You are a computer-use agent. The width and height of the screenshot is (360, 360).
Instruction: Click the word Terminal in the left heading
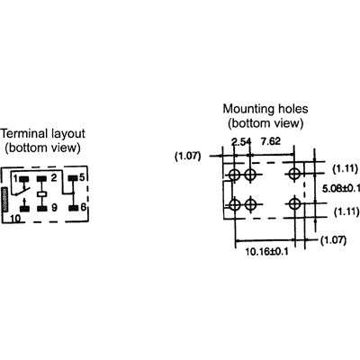tap(24, 133)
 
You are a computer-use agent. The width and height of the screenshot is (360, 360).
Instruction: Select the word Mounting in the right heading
tap(245, 109)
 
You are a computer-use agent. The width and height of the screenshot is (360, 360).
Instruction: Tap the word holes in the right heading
tap(289, 109)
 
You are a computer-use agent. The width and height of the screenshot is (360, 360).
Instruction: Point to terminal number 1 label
tap(15, 178)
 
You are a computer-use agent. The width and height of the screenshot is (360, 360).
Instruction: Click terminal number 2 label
tap(54, 178)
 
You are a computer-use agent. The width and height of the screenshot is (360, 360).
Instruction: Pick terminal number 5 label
tap(82, 177)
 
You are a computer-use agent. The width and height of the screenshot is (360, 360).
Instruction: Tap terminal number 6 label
tap(83, 206)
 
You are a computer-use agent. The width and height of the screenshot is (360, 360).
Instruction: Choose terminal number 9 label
tap(54, 208)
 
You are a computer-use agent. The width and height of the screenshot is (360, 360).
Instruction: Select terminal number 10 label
tap(15, 219)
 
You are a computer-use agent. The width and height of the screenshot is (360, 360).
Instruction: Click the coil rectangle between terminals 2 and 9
tap(42, 194)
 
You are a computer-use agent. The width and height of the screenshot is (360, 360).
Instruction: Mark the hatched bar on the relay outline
tap(4, 200)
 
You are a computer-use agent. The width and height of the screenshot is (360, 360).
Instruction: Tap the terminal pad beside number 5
tap(73, 178)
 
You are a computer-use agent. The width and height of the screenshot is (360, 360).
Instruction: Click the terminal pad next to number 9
tap(42, 209)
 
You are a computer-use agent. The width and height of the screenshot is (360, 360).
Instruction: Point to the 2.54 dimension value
tap(241, 141)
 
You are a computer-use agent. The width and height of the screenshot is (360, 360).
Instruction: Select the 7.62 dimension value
tap(271, 141)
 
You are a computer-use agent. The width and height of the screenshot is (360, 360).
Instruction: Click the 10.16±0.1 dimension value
tap(267, 251)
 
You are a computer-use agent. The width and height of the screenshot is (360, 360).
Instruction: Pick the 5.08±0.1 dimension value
tap(341, 188)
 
